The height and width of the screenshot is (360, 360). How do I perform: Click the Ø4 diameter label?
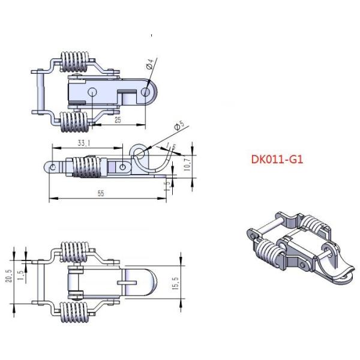(150, 64)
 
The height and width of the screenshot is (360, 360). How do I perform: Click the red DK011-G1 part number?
(275, 160)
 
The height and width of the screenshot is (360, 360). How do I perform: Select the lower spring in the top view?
(75, 124)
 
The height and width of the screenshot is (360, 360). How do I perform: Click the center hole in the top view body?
(92, 92)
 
